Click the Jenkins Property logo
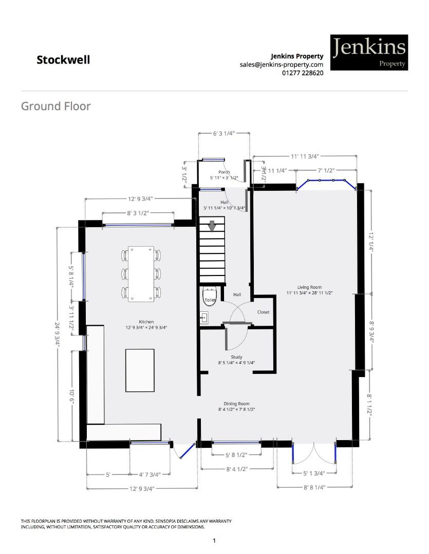pyautogui.click(x=369, y=52)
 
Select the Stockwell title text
pyautogui.click(x=63, y=60)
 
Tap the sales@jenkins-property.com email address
pyautogui.click(x=281, y=65)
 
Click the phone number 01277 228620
pyautogui.click(x=303, y=73)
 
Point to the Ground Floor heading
pyautogui.click(x=55, y=106)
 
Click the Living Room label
pyautogui.click(x=309, y=287)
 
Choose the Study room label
pyautogui.click(x=236, y=357)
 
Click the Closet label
pyautogui.click(x=263, y=312)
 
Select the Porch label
pyautogui.click(x=224, y=172)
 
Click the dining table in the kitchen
pyautogui.click(x=141, y=274)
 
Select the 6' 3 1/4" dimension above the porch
pyautogui.click(x=224, y=133)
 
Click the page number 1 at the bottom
pyautogui.click(x=214, y=541)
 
